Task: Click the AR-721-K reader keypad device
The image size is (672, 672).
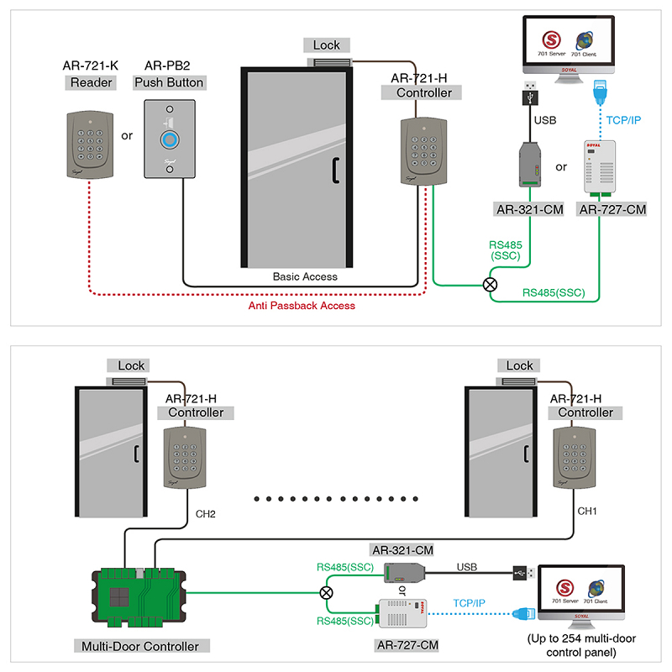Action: point(88,144)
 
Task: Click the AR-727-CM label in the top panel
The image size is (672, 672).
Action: point(612,208)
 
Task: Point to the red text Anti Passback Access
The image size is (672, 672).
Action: point(302,306)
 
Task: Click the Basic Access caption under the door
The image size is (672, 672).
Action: point(305,276)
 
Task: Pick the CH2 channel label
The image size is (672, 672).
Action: point(206,513)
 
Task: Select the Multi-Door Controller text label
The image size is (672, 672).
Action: point(141,646)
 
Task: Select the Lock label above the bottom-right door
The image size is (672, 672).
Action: point(519,365)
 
